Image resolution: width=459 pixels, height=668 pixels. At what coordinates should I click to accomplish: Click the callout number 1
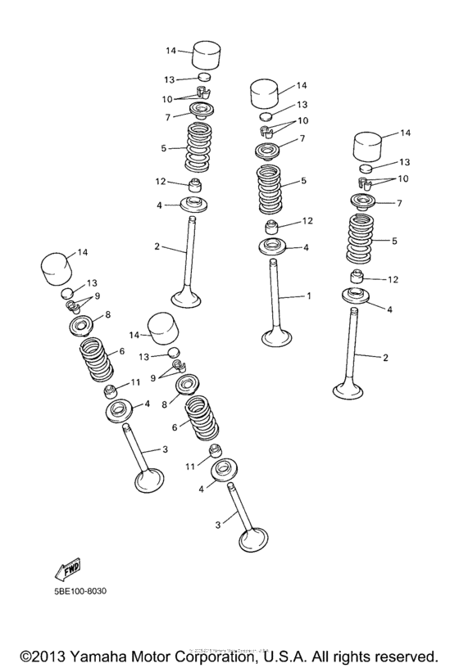tap(309, 296)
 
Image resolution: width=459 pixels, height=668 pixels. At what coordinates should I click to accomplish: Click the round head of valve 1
tap(279, 336)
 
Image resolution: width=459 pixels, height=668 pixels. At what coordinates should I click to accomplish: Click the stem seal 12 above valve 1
tap(271, 226)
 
